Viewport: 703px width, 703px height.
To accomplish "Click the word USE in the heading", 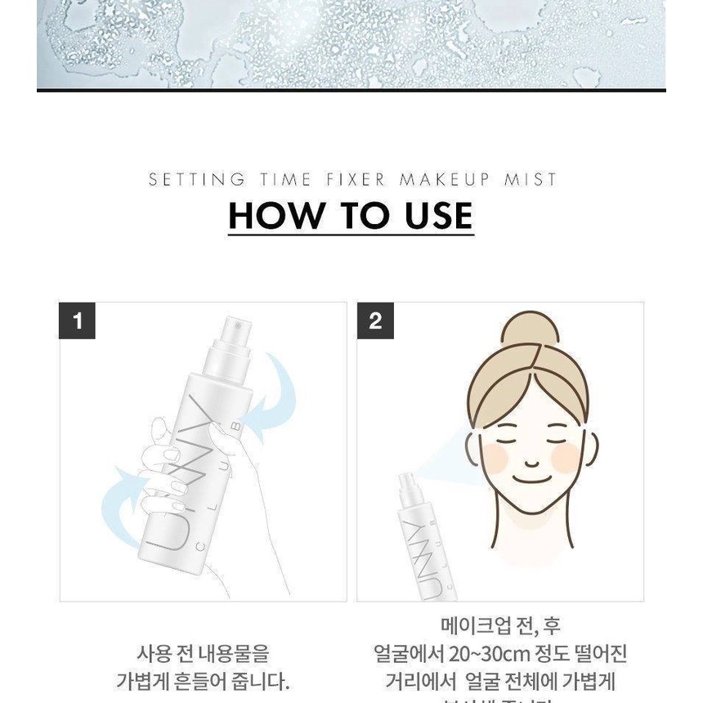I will pos(438,215).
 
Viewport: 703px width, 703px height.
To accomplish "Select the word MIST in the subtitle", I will pos(531,179).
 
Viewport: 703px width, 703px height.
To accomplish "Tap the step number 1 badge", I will pos(78,320).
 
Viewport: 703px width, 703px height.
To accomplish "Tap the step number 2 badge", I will pos(375,320).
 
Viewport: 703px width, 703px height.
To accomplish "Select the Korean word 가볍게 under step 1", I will pos(147,681).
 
